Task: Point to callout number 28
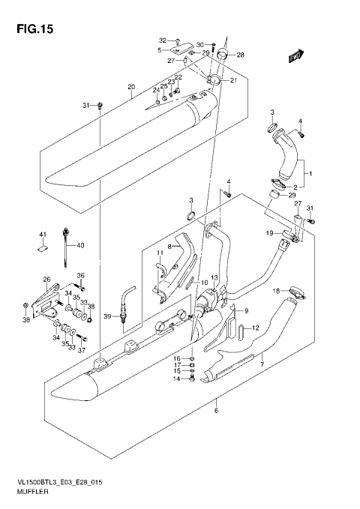coord(240,55)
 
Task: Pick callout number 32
coord(161,40)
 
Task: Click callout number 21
coord(232,81)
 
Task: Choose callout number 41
coord(43,235)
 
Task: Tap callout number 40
coord(80,245)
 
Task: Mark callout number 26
coord(47,280)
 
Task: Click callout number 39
coord(107,317)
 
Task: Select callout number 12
coord(255,328)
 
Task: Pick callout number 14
coord(178,379)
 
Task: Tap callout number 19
coord(268,234)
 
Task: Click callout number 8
coord(169,247)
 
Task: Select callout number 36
coord(81,275)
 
